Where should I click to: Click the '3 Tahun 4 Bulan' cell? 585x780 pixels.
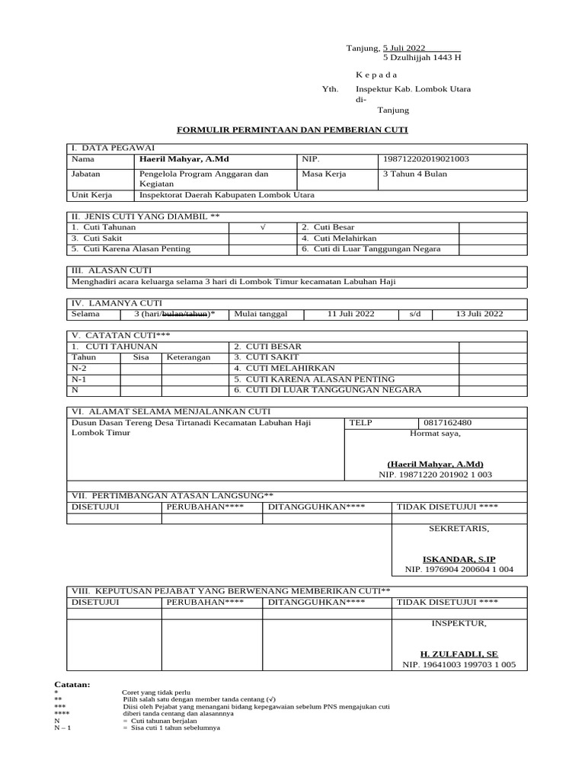[x=416, y=174]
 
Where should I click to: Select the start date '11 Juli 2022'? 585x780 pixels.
[x=351, y=314]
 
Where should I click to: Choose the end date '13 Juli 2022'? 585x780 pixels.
[x=479, y=314]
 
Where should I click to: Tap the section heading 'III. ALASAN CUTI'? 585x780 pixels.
[x=110, y=270]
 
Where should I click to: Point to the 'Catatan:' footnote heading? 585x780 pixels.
[x=72, y=685]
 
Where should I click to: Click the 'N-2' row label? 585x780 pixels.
[x=78, y=368]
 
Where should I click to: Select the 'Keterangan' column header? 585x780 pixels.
[x=188, y=357]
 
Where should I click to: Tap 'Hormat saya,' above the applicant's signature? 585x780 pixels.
[x=435, y=433]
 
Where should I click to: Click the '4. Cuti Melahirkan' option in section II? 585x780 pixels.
[x=335, y=238]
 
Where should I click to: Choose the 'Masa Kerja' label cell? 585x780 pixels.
[x=324, y=174]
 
